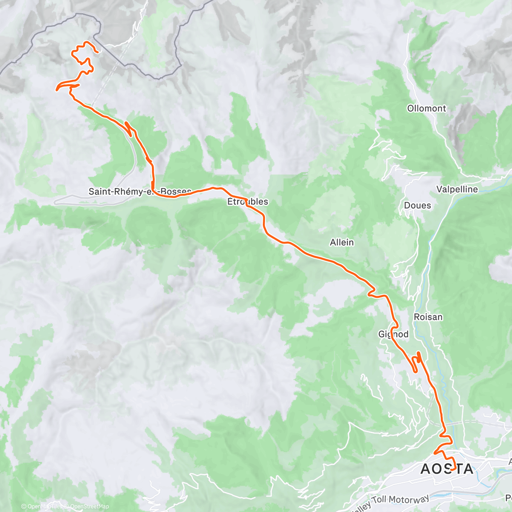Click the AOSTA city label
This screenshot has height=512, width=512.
pyautogui.click(x=447, y=469)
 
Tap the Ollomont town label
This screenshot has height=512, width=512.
pyautogui.click(x=426, y=108)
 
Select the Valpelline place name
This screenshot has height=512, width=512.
pyautogui.click(x=457, y=189)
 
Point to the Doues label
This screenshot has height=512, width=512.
pyautogui.click(x=417, y=205)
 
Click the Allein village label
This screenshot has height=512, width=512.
pyautogui.click(x=342, y=242)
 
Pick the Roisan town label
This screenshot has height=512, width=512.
pyautogui.click(x=428, y=317)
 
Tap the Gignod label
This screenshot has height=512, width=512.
pyautogui.click(x=393, y=334)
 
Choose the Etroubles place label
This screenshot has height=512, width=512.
pyautogui.click(x=247, y=201)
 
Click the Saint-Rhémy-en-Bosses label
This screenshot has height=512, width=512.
pyautogui.click(x=140, y=192)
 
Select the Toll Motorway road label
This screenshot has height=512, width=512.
pyautogui.click(x=400, y=503)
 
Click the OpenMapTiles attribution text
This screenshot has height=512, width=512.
pyautogui.click(x=42, y=506)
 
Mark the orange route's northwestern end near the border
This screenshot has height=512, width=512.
pyautogui.click(x=98, y=52)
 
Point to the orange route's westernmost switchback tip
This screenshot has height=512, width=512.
pyautogui.click(x=57, y=89)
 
